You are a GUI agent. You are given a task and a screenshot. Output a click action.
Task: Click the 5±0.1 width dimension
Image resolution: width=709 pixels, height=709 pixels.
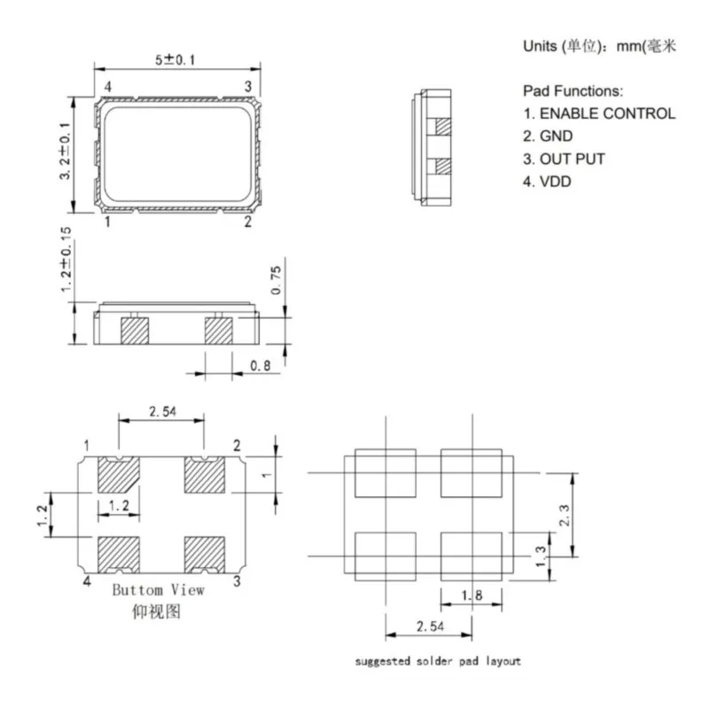[175, 59]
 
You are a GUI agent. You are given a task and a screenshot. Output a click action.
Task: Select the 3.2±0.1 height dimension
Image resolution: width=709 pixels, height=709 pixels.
[65, 151]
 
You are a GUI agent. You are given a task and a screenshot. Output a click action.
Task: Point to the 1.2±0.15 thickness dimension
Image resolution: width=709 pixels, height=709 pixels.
[66, 260]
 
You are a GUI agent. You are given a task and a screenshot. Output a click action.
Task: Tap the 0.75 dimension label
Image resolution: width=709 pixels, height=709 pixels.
[276, 280]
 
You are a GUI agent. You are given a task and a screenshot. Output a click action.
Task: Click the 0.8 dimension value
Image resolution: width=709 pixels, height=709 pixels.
[261, 365]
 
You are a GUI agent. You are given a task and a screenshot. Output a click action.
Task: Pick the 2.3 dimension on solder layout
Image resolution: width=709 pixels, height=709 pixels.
[565, 515]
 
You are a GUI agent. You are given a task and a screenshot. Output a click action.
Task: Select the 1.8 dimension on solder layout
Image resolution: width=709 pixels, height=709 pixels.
[471, 596]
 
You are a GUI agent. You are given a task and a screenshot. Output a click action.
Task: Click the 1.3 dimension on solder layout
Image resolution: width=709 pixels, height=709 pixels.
[541, 557]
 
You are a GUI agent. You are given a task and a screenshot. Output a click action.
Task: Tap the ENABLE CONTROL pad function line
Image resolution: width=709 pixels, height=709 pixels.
[599, 113]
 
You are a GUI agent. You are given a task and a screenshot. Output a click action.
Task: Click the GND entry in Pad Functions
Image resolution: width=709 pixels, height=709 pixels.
[548, 136]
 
